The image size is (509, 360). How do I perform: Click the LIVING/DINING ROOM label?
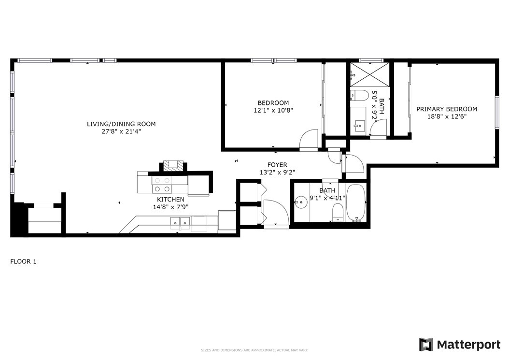[121, 124]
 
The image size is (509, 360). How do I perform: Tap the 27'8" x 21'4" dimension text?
[121, 131]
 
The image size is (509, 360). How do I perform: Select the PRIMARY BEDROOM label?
[447, 109]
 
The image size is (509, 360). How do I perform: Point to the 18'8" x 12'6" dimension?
[447, 116]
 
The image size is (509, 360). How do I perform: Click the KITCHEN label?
[170, 200]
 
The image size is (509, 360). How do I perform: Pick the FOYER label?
[277, 165]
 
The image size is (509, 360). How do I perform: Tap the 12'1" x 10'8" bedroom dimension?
[273, 110]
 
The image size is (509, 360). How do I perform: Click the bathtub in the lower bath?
[356, 202]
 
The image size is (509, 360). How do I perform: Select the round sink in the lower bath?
[301, 202]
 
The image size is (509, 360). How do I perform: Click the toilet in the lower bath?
[338, 213]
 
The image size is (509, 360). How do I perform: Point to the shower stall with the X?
[369, 75]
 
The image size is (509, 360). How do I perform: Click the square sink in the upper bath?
[358, 125]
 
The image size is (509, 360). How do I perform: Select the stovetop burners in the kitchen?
[162, 185]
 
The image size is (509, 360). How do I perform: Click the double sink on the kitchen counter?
[180, 222]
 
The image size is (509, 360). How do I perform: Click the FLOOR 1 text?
[23, 261]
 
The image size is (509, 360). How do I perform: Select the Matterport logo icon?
[426, 345]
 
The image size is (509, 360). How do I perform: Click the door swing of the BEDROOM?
[309, 140]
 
